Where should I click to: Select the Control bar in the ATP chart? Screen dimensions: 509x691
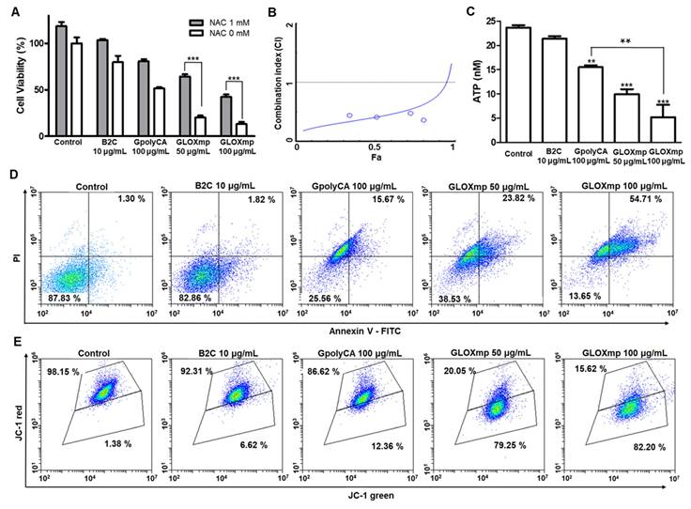point(517,85)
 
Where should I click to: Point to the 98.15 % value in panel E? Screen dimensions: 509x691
point(64,374)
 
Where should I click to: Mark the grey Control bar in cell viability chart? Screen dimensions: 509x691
point(62,85)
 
